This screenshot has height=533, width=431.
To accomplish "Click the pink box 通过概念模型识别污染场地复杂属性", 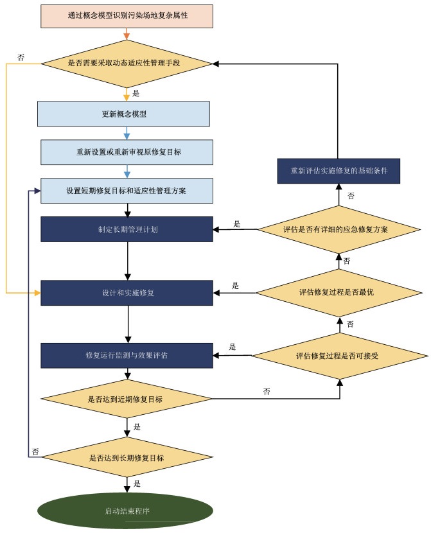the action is coord(127,16).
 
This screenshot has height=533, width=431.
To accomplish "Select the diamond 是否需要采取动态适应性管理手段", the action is coord(127,64).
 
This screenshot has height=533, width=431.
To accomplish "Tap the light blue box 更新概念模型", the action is coord(124,114).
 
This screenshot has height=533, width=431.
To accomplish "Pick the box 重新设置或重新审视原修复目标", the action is coord(127,152).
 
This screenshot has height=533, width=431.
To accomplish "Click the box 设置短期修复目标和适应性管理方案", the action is coord(127,191).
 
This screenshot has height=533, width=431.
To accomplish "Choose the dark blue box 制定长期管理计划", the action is coord(127,229).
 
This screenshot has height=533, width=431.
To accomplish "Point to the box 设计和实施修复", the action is coord(127,293).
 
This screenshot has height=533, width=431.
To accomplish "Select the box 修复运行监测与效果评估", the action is coord(127,356).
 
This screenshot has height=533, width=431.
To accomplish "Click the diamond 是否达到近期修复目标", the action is coord(127,399).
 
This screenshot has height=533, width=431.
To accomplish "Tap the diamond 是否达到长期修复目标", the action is coord(127,457).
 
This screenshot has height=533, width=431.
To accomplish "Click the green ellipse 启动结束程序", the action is coord(125,511).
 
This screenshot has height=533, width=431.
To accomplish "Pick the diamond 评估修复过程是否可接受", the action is coord(340,356).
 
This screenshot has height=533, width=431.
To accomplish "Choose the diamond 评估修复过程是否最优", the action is coord(339,293).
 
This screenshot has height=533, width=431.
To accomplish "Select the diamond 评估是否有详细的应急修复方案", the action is coord(339,229).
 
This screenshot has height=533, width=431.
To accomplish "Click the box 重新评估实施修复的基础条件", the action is coord(339,171).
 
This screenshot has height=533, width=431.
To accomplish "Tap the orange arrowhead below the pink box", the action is coord(127,37).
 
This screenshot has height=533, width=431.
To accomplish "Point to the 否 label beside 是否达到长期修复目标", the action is coord(35,451).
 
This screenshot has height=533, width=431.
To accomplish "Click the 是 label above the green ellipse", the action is coord(137,484).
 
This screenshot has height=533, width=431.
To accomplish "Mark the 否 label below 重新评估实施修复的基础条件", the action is coord(351,196).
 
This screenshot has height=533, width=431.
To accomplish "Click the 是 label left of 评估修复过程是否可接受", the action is coord(232,347).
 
